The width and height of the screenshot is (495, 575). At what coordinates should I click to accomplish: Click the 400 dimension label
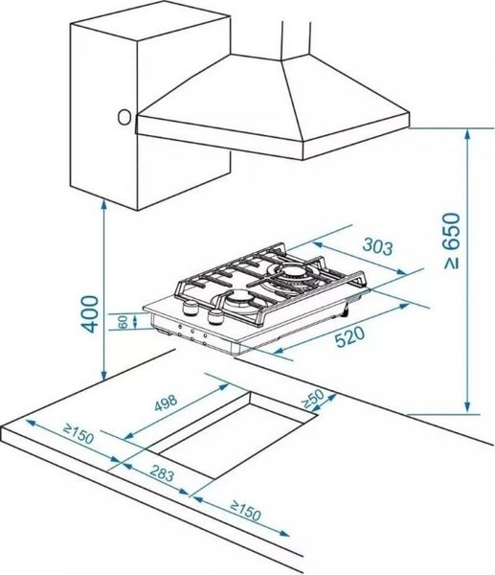[x=90, y=314]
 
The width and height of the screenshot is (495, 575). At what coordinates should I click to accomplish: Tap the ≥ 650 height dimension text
[x=451, y=241]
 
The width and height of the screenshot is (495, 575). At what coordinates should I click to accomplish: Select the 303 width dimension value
[x=378, y=246]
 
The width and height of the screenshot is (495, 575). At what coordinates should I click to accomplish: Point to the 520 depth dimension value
[x=350, y=337]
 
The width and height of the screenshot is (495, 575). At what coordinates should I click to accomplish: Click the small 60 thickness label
[x=124, y=322]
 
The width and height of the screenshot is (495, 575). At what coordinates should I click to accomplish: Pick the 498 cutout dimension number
[x=166, y=402]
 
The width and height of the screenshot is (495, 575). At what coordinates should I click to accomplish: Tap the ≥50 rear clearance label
[x=312, y=400]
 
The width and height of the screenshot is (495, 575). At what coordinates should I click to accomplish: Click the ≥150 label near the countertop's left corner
[x=79, y=433]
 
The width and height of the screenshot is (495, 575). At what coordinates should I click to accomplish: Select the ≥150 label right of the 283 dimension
[x=246, y=510]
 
